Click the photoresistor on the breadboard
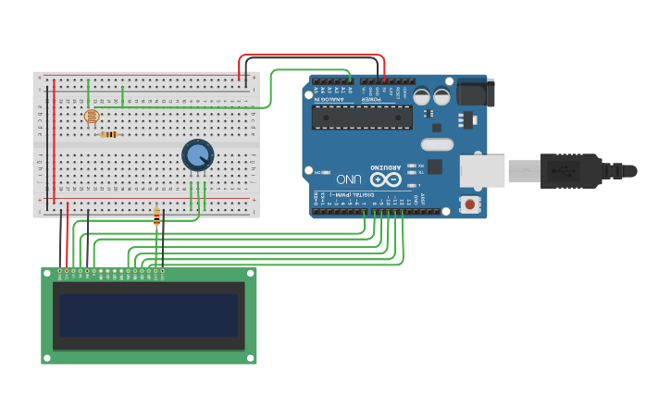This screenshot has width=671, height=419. [91, 117]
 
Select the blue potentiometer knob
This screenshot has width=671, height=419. [197, 154]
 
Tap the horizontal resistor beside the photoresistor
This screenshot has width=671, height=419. [109, 135]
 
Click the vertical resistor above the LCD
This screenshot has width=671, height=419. [156, 217]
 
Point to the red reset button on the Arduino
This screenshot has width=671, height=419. [471, 203]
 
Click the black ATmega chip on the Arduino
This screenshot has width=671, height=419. [362, 117]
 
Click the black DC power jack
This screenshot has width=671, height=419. [476, 92]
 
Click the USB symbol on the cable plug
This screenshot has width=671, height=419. [561, 171]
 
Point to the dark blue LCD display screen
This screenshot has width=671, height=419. [149, 315]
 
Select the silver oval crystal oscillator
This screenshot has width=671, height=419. [437, 144]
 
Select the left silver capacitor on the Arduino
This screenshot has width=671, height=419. [421, 96]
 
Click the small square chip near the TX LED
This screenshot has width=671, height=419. [434, 166]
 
